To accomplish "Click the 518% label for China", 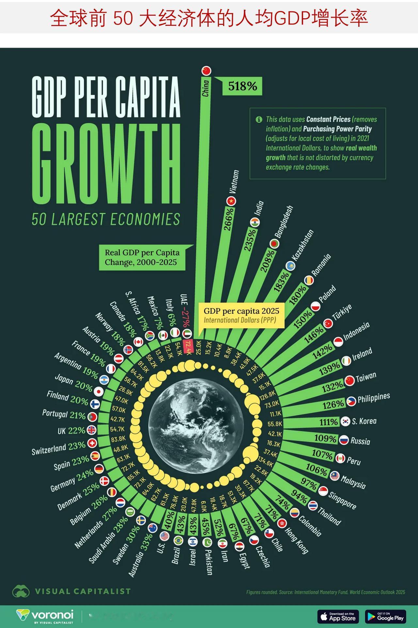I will [x=242, y=86].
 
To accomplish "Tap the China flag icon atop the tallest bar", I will [x=206, y=71].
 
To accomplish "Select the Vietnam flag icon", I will [x=232, y=201].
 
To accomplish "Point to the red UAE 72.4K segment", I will [x=188, y=346].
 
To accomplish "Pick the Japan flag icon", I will [x=98, y=391].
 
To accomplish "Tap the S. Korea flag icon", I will [x=345, y=421].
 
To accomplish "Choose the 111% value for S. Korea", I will [x=329, y=422].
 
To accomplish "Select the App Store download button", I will [x=338, y=616].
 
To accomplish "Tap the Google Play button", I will [x=386, y=616].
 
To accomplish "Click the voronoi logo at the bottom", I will [x=45, y=616].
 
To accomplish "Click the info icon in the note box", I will [x=259, y=119].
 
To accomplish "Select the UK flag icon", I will [x=91, y=430].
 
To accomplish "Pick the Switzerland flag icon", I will [x=92, y=443].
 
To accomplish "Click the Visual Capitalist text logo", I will [x=83, y=591].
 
